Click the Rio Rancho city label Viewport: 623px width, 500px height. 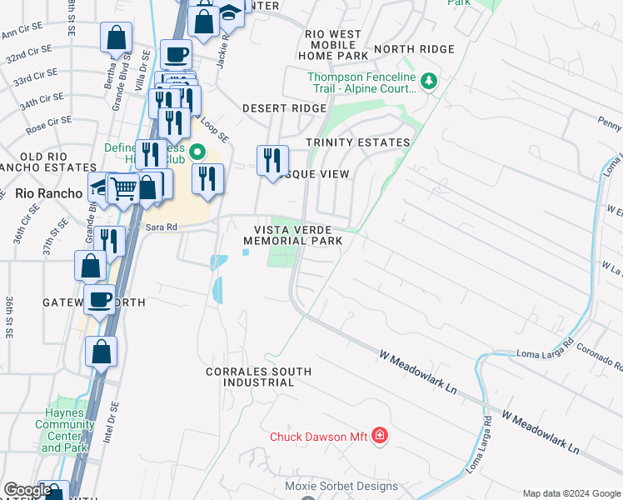tap(48, 193)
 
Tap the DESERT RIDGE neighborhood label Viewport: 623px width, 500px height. tap(284, 108)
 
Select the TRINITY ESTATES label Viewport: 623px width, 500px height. tap(358, 142)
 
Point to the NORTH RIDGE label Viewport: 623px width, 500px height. tap(414, 49)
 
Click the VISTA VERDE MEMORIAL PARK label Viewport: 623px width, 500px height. tap(293, 235)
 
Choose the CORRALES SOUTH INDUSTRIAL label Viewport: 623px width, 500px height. tap(259, 377)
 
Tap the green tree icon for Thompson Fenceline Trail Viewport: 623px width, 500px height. tap(429, 82)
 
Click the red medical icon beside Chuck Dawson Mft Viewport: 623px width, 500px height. tap(380, 435)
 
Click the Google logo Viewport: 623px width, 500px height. tap(27, 490)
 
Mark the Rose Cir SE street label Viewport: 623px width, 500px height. tap(46, 128)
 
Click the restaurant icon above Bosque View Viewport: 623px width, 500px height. tap(272, 160)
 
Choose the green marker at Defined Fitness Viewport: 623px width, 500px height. tap(197, 152)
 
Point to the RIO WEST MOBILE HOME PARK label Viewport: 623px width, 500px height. tap(333, 45)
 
